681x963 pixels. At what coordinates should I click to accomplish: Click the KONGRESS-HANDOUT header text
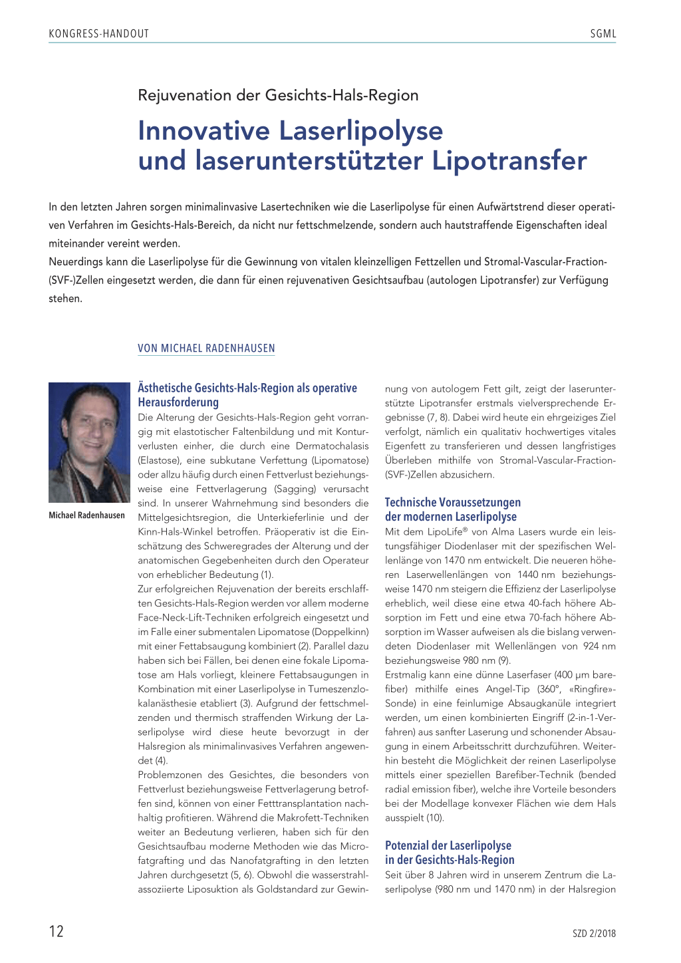click(x=98, y=34)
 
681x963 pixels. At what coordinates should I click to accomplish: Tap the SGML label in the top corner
click(x=603, y=34)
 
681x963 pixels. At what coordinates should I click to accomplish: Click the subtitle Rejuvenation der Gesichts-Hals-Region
click(x=278, y=95)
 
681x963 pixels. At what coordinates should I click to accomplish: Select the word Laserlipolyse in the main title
click(x=360, y=130)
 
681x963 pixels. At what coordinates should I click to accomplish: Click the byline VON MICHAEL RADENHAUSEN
click(x=206, y=348)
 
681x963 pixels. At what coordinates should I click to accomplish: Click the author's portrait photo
click(x=89, y=442)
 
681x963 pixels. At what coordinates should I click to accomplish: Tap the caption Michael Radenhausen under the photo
click(x=86, y=515)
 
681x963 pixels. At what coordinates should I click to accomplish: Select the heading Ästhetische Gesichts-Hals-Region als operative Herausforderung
click(x=247, y=395)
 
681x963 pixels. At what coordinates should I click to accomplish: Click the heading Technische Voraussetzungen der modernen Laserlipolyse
click(x=452, y=509)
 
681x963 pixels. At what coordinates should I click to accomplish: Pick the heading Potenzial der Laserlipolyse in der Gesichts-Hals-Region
click(x=449, y=853)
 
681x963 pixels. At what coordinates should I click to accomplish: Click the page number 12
click(x=57, y=931)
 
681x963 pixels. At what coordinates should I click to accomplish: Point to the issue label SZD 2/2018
click(x=594, y=934)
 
